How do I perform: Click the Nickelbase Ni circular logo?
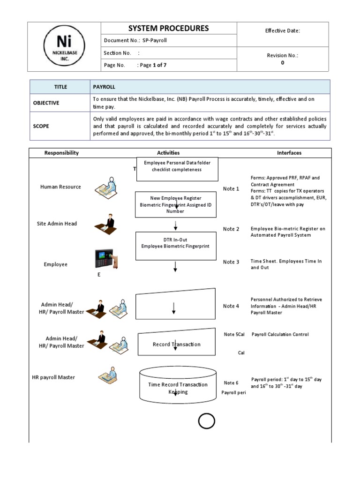[x=64, y=46]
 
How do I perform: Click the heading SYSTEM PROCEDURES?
[x=169, y=29]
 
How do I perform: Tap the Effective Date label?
[x=282, y=31]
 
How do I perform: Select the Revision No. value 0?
[x=282, y=62]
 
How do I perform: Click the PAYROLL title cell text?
[x=104, y=87]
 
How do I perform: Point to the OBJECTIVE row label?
[x=46, y=103]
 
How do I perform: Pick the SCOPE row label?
[x=41, y=126]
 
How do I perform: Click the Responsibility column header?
[x=61, y=153]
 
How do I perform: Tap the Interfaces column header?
[x=289, y=153]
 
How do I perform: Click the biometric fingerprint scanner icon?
[x=106, y=259]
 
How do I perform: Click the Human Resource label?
[x=60, y=187]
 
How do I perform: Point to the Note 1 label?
[x=231, y=189]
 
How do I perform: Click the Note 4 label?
[x=231, y=306]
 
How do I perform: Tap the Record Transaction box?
[x=177, y=345]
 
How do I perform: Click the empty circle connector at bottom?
[x=206, y=421]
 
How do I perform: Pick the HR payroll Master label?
[x=53, y=377]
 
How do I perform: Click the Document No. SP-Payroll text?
[x=135, y=41]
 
